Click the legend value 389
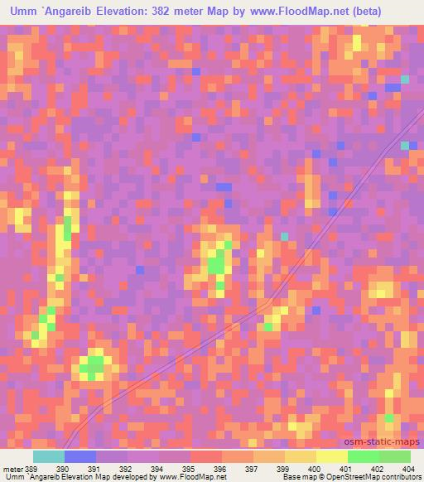click(31, 469)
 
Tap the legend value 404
click(407, 469)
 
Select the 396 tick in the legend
click(219, 469)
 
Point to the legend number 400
click(314, 469)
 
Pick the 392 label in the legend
click(126, 469)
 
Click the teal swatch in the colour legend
click(48, 456)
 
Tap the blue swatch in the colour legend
click(79, 456)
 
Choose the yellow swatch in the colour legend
click(331, 456)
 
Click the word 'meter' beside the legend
click(12, 469)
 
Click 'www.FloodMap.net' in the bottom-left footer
click(191, 478)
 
